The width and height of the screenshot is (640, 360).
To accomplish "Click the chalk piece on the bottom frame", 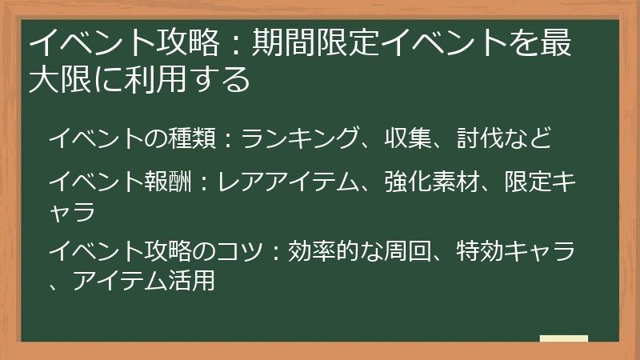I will coord(563,338).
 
